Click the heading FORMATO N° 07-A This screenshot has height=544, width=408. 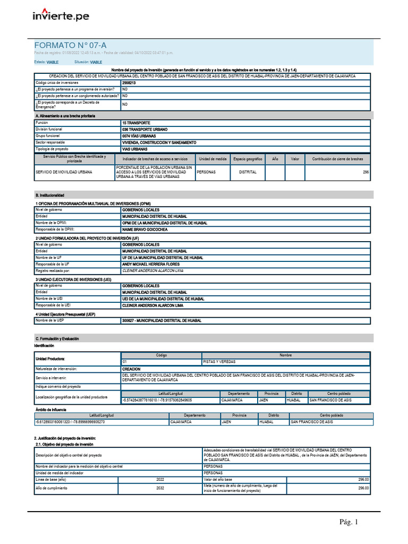[66, 46]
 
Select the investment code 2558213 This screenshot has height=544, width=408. [129, 83]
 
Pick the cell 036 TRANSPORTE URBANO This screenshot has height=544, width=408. [144, 129]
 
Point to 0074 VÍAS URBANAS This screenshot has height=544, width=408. [141, 136]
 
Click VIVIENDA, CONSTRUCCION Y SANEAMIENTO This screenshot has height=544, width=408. [159, 142]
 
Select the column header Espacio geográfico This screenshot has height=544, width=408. [248, 159]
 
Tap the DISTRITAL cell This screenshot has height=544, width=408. [248, 172]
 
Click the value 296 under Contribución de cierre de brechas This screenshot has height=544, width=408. [365, 172]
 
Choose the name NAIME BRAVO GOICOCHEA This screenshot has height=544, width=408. [144, 229]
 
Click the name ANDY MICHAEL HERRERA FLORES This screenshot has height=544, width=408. [151, 264]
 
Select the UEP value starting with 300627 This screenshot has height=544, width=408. [161, 321]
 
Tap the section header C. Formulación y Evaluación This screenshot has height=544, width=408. [57, 338]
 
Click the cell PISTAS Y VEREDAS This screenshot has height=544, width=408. [219, 361]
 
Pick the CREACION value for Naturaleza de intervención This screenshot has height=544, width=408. [131, 369]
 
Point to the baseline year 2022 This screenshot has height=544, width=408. [160, 479]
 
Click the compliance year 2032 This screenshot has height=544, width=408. [160, 488]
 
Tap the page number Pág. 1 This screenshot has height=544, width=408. [349, 522]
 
